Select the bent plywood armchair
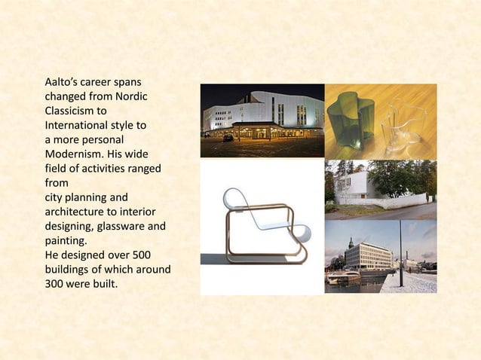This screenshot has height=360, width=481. pos(260,226)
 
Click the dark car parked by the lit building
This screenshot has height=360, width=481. pos(228,138)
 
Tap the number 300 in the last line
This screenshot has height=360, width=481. pos(57,284)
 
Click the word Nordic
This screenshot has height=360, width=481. pos(130,96)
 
